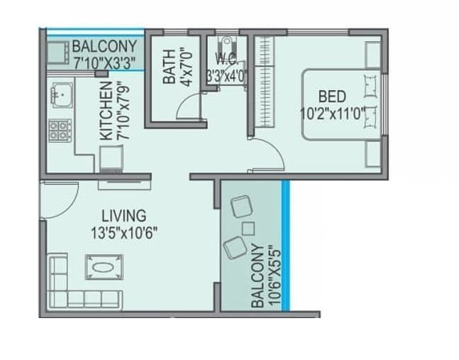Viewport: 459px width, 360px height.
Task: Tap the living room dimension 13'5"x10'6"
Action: tap(123, 231)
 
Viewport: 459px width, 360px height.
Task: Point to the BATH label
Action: tap(169, 66)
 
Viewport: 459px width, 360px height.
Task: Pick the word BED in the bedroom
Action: tap(332, 96)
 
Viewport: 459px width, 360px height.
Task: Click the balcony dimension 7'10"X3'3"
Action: tap(104, 62)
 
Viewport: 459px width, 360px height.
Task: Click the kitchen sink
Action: tap(60, 94)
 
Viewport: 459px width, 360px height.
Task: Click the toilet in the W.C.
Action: tap(226, 43)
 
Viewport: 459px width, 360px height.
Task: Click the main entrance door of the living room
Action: tap(58, 200)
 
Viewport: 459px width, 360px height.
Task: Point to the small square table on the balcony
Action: tap(249, 228)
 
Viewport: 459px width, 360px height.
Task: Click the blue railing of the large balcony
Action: tap(285, 245)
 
